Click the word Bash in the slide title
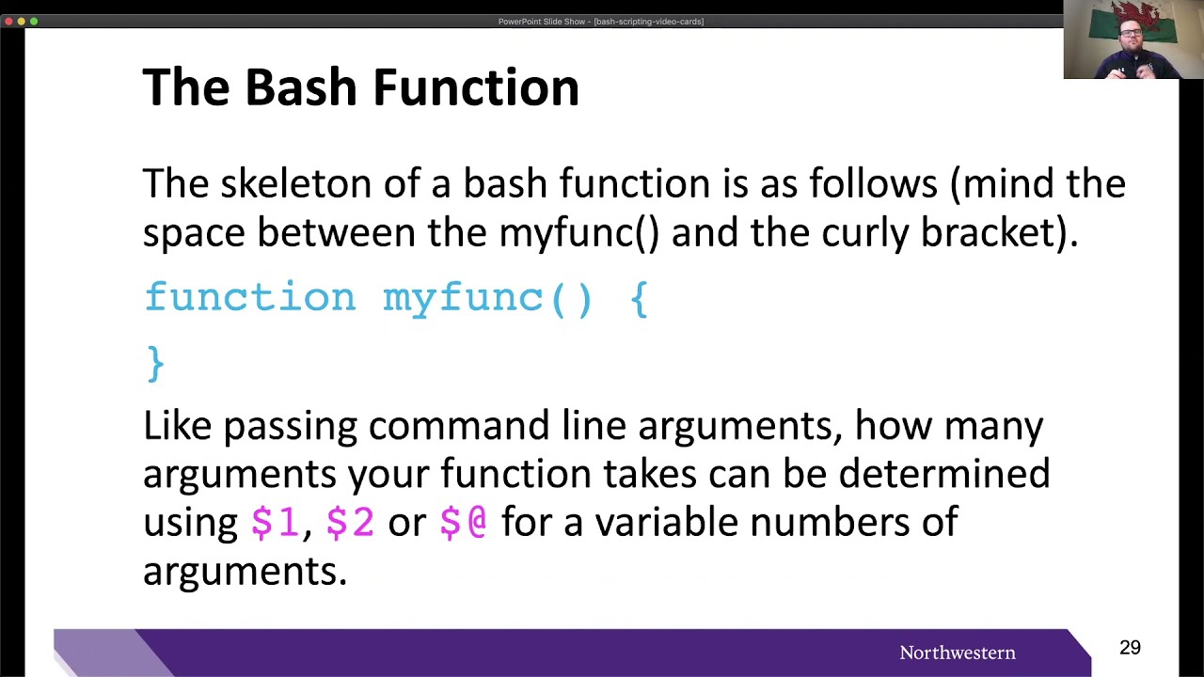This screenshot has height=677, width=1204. coord(302,87)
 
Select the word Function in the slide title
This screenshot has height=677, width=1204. coord(476,87)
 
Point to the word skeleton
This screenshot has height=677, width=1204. coord(295,182)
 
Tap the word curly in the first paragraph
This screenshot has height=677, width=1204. coord(864,232)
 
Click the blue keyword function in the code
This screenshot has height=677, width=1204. coord(250,298)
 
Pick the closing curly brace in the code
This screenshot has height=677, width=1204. coord(156,364)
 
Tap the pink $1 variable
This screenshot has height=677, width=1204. coord(275,522)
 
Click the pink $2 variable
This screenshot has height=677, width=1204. coord(350,522)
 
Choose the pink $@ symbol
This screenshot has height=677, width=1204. coord(464,522)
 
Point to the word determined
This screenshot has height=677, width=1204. coord(943,473)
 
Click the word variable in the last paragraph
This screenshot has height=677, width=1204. coord(666,522)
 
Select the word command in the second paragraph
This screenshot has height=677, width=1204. coord(459,425)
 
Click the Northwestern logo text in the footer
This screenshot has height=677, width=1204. coord(957,653)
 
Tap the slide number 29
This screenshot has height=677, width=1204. coord(1130,648)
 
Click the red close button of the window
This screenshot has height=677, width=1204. coord(9,21)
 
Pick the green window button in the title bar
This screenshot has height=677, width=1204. coord(34,21)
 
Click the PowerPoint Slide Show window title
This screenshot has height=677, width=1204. coord(600,22)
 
